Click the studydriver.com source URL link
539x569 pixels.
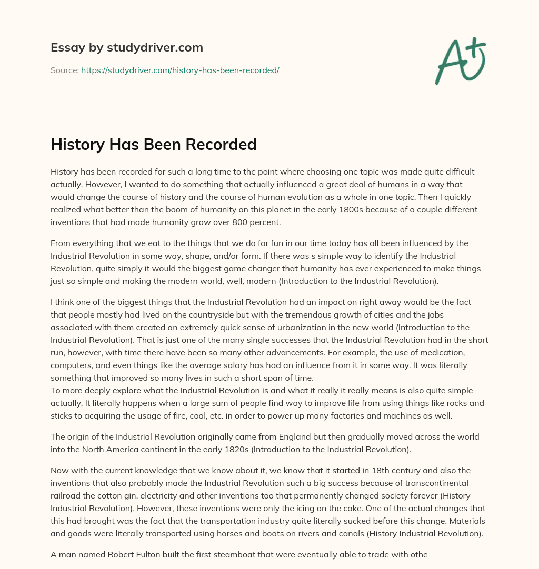[x=179, y=70]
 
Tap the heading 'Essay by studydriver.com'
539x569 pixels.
[x=126, y=47]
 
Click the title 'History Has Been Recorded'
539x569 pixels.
[x=153, y=144]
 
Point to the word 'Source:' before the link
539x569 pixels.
[x=65, y=70]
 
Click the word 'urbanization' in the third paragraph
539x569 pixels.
[x=295, y=327]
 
